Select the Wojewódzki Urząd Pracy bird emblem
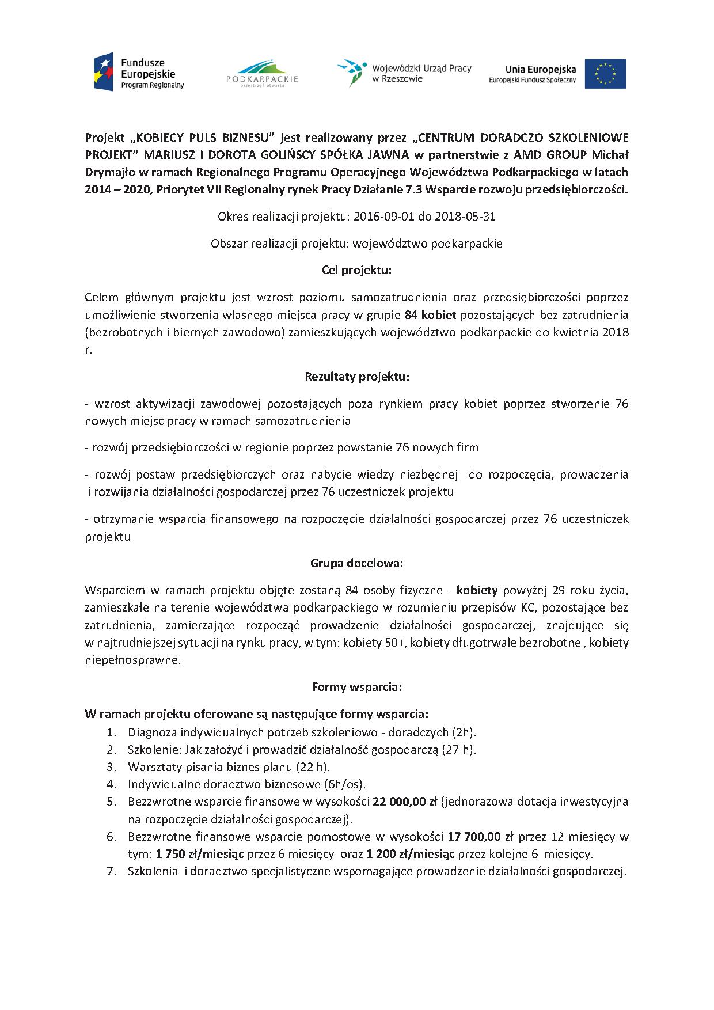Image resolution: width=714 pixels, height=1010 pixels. point(351,72)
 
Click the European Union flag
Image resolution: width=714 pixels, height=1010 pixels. point(605,74)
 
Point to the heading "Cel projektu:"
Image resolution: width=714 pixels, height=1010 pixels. point(356,270)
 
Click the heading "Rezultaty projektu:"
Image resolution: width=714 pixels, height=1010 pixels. point(356,377)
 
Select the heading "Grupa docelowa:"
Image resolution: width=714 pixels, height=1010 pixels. point(356,563)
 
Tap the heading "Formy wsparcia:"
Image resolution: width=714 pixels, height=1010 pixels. point(356,687)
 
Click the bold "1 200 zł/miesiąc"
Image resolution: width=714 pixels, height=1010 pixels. point(407,853)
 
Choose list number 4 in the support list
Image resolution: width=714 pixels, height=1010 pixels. point(111,784)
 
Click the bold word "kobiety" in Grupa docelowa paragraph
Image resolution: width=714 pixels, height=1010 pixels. point(477,590)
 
